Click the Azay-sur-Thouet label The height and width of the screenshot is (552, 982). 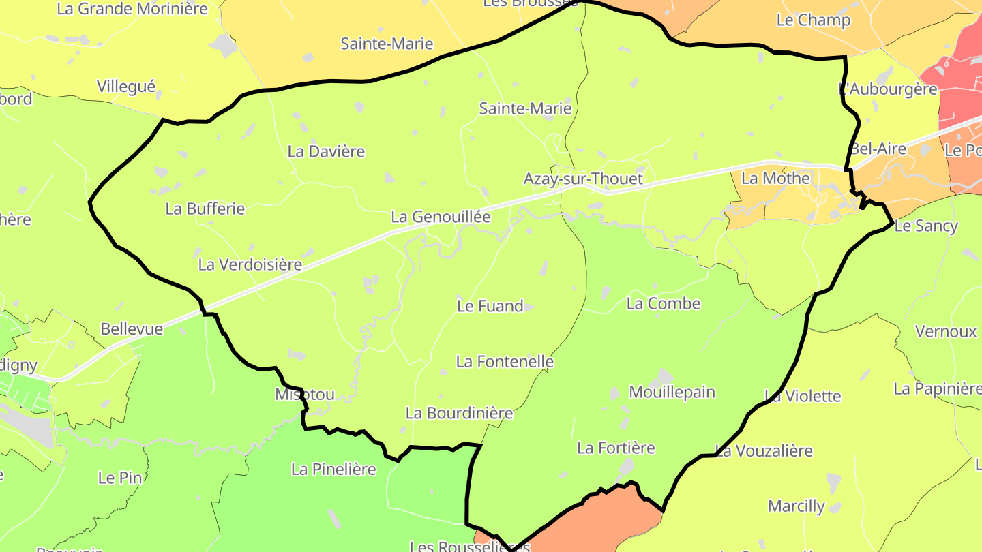tap(583, 179)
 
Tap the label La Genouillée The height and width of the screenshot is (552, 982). tap(441, 217)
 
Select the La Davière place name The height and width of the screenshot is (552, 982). tap(326, 151)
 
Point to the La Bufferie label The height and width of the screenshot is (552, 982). tap(205, 209)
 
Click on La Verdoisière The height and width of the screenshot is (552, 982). tap(250, 264)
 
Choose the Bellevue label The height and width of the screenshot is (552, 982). tap(132, 329)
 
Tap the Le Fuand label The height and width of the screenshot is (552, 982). tap(490, 306)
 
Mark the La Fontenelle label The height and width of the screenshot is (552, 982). tap(505, 361)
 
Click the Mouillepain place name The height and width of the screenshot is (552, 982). tap(672, 392)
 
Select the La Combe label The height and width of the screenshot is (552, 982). tap(663, 303)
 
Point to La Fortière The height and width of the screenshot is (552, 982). tap(616, 448)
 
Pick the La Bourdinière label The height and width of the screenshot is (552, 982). tap(459, 413)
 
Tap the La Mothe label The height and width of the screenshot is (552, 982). tap(775, 179)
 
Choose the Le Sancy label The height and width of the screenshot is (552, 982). tap(925, 226)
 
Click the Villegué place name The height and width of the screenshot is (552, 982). tap(126, 87)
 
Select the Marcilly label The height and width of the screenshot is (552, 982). tap(796, 506)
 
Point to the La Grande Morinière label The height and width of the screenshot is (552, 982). tap(132, 9)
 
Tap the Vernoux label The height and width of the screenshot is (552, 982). tap(945, 331)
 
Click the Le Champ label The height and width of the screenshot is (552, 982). tap(814, 20)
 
